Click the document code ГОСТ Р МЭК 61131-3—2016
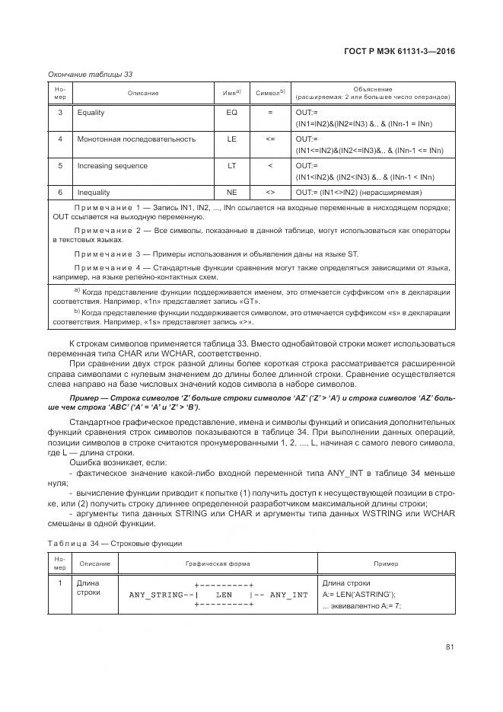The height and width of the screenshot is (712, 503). click(400, 52)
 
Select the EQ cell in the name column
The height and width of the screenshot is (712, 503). click(232, 113)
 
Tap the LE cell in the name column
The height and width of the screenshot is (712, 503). click(232, 139)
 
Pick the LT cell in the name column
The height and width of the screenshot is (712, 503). click(232, 166)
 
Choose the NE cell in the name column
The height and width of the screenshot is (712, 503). click(232, 193)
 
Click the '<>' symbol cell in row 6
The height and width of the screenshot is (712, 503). click(270, 193)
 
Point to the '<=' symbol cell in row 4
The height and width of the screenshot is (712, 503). click(270, 139)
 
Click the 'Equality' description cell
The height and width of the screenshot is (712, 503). click(91, 113)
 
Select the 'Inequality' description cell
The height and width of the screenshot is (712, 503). click(94, 193)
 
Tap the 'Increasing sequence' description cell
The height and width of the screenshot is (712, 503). click(113, 166)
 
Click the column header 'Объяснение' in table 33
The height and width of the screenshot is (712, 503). click(373, 89)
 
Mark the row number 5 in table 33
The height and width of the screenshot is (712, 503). click(60, 166)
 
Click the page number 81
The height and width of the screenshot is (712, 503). click(450, 647)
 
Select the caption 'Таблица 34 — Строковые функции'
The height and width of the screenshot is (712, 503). click(115, 543)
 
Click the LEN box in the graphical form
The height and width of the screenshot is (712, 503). click(224, 595)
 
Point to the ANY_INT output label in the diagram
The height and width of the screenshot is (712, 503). click(289, 595)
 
